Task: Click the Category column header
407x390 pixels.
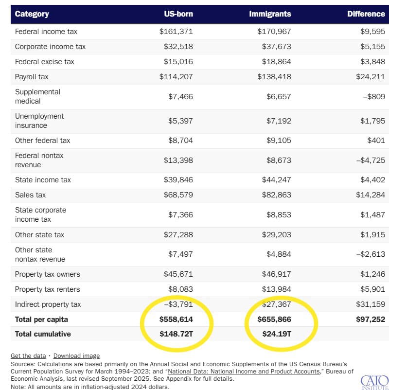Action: (x=32, y=14)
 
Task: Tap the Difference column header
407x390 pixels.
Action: (x=366, y=14)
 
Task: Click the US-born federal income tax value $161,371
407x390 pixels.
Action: (x=176, y=32)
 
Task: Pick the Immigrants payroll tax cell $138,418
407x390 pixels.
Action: (x=274, y=77)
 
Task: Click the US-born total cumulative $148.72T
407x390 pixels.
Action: (x=176, y=334)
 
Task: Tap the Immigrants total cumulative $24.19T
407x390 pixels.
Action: (x=274, y=334)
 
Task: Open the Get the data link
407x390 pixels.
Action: (x=28, y=356)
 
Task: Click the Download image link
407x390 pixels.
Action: (x=76, y=356)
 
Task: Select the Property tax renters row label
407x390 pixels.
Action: (x=47, y=289)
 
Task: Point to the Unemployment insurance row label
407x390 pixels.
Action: (x=39, y=121)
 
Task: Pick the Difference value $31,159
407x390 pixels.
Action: (x=370, y=304)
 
